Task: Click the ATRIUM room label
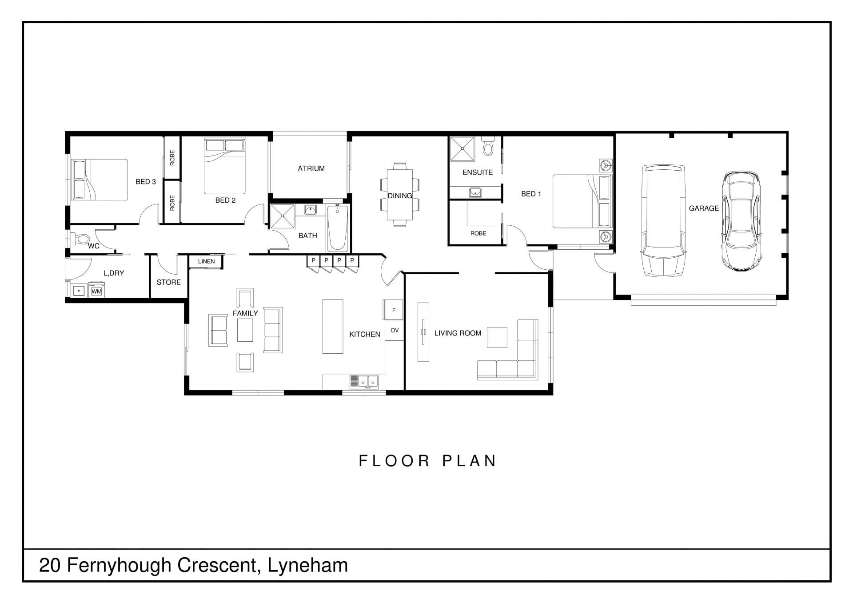pyautogui.click(x=311, y=168)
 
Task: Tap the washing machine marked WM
pyautogui.click(x=96, y=291)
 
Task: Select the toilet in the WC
pyautogui.click(x=80, y=239)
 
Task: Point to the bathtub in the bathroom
pyautogui.click(x=338, y=228)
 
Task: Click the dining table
pyautogui.click(x=400, y=195)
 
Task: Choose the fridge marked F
pyautogui.click(x=394, y=310)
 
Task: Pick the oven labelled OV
pyautogui.click(x=394, y=330)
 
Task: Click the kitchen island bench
pyautogui.click(x=333, y=326)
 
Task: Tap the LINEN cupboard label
pyautogui.click(x=206, y=261)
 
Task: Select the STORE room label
pyautogui.click(x=169, y=282)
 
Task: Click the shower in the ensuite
pyautogui.click(x=462, y=149)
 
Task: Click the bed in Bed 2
pyautogui.click(x=224, y=166)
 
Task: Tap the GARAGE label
pyautogui.click(x=704, y=208)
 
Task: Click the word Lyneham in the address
pyautogui.click(x=308, y=566)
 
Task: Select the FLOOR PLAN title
pyautogui.click(x=427, y=461)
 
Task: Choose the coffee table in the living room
pyautogui.click(x=497, y=337)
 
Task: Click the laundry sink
pyautogui.click(x=79, y=291)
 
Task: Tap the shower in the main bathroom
pyautogui.click(x=283, y=216)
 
